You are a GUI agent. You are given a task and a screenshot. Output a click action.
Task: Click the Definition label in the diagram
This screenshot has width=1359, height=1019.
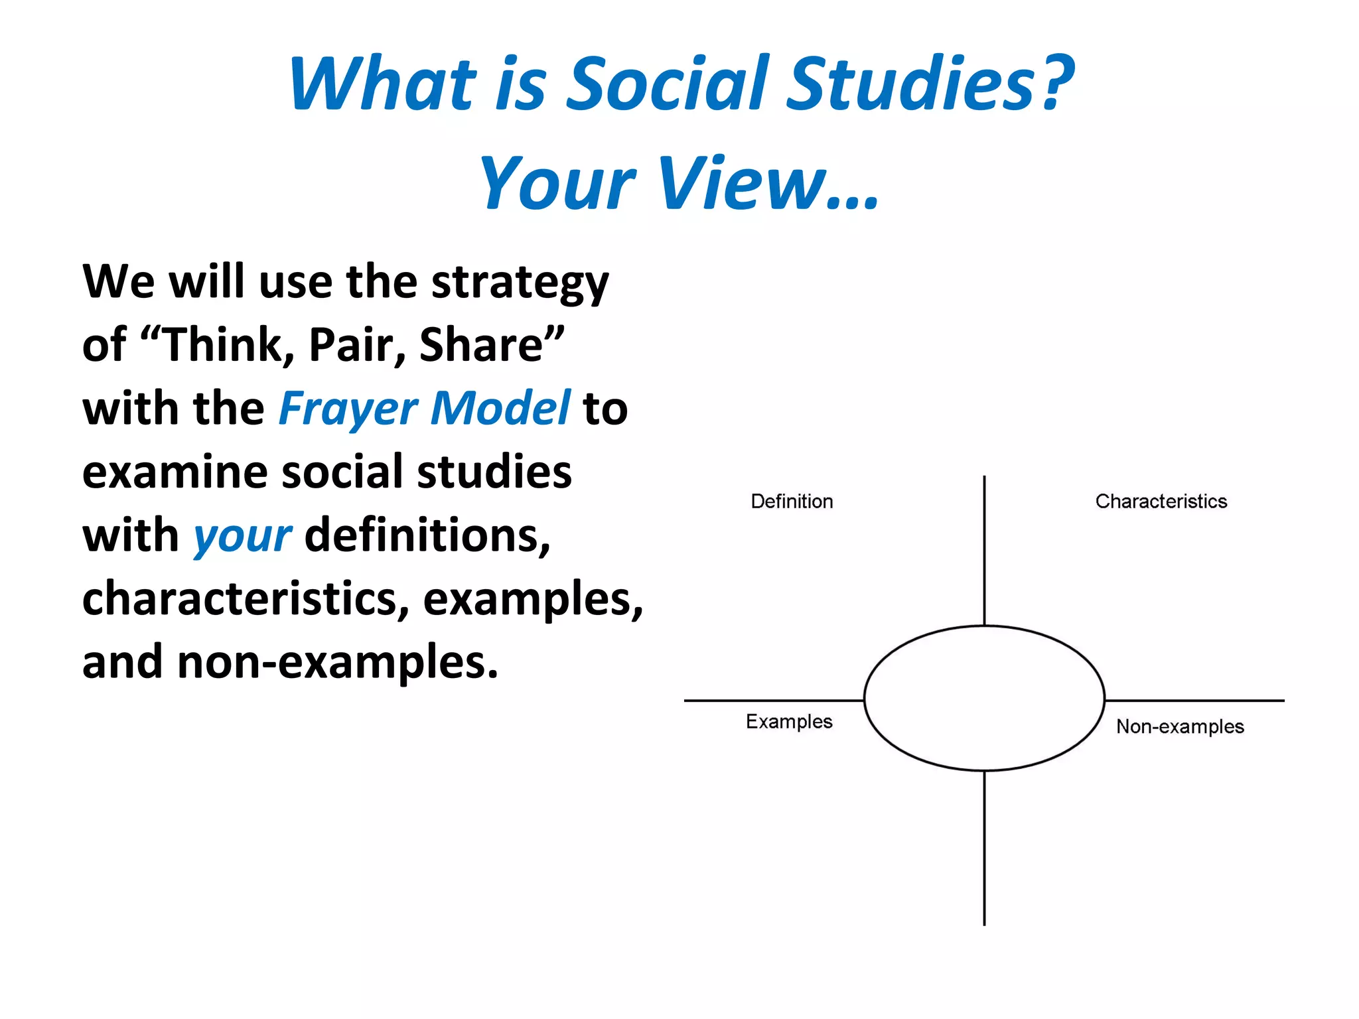[792, 502]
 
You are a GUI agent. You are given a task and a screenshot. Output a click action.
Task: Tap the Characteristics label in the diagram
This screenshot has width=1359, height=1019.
[1161, 502]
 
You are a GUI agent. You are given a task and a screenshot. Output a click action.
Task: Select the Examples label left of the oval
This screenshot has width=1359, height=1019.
[789, 722]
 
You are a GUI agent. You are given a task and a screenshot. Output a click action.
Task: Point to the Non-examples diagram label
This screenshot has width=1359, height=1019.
[1180, 726]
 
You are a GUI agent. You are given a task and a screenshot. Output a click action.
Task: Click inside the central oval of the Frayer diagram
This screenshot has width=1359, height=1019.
[984, 698]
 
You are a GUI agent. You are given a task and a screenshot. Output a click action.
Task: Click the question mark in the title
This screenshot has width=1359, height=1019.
[1055, 83]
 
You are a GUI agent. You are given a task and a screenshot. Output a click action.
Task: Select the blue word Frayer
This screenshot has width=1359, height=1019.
[348, 408]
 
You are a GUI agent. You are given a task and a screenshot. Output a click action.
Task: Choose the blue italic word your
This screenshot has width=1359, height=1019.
[242, 536]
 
